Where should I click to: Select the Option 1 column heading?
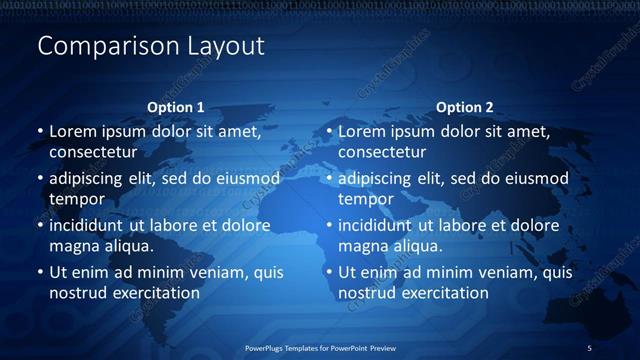pyautogui.click(x=175, y=107)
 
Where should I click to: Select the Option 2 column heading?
pyautogui.click(x=464, y=107)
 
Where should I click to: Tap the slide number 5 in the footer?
pyautogui.click(x=589, y=348)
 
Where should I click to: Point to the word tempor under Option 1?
pyautogui.click(x=76, y=199)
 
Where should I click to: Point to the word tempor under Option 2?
pyautogui.click(x=365, y=199)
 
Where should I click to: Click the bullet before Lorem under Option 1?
pyautogui.click(x=40, y=132)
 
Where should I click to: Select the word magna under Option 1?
pyautogui.click(x=71, y=246)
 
